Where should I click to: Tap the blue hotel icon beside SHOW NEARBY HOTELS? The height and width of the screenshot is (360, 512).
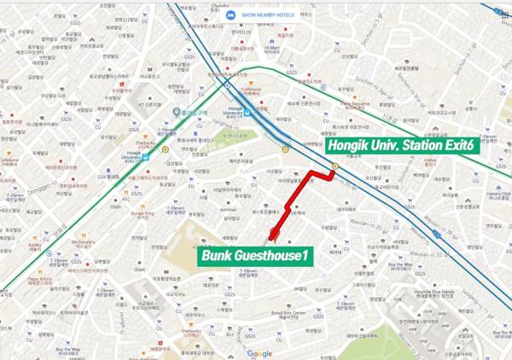(231, 15)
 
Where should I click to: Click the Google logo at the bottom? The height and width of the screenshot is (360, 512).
(259, 353)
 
